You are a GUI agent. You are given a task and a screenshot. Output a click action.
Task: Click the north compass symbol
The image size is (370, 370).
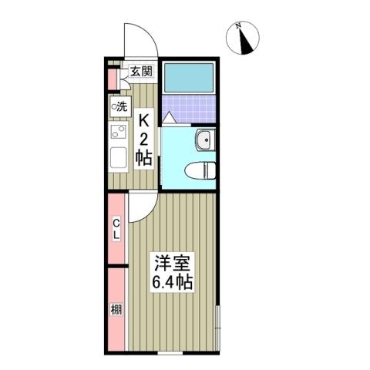246,39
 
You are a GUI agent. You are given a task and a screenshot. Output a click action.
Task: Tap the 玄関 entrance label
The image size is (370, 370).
141,72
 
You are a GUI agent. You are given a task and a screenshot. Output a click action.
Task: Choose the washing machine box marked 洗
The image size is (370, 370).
120,106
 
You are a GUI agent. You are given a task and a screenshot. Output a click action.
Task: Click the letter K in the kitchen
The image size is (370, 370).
144,121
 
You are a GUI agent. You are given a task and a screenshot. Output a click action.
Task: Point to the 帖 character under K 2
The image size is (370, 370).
144,158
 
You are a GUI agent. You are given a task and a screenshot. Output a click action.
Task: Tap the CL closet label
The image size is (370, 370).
116,229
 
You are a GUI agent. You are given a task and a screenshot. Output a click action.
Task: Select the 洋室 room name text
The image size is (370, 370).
171,263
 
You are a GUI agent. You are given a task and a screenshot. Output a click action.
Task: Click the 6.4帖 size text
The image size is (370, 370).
171,281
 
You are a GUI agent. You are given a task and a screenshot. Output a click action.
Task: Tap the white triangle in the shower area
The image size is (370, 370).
169,117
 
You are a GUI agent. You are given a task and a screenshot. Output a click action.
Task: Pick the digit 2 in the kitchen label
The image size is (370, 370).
144,140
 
